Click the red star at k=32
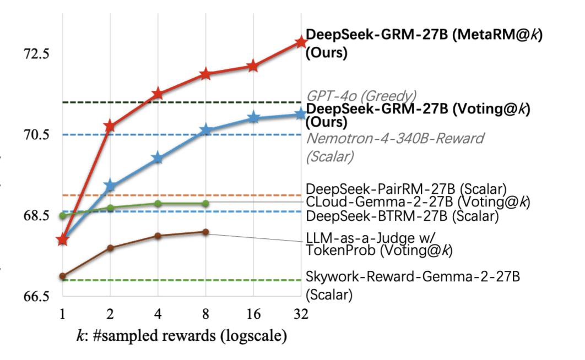[300, 42]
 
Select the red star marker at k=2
[110, 126]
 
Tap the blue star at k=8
[205, 130]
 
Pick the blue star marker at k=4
[158, 159]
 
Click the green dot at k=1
[62, 215]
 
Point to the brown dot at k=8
[205, 232]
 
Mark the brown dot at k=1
[62, 276]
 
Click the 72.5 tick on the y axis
[34, 54]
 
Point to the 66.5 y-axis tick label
[34, 296]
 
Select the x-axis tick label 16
[253, 314]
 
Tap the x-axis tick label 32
[300, 314]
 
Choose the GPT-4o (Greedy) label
[361, 95]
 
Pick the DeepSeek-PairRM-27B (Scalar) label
[406, 188]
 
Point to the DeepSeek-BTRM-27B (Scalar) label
[402, 216]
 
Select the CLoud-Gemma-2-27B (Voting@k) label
[418, 202]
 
